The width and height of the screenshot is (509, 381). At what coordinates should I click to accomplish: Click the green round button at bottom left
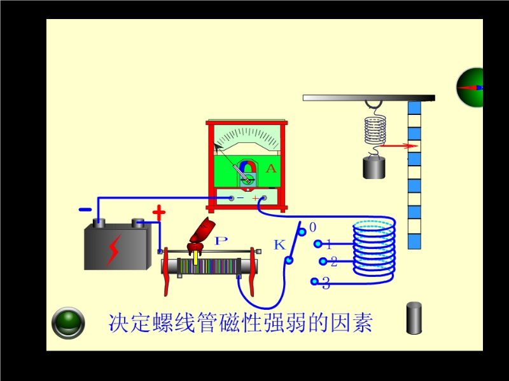click(68, 322)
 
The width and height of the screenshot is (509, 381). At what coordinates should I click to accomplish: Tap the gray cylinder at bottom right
click(414, 318)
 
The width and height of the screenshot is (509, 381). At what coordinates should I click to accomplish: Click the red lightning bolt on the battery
click(114, 250)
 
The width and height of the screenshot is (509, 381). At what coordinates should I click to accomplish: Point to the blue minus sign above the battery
click(85, 210)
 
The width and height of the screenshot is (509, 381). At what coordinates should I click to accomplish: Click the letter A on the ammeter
click(271, 168)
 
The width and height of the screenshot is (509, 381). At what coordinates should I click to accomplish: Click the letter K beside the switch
click(279, 244)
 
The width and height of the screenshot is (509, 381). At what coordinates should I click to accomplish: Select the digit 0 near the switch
click(312, 227)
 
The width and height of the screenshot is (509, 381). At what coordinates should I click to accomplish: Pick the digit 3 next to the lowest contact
click(326, 284)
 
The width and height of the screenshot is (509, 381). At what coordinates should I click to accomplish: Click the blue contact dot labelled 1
click(317, 244)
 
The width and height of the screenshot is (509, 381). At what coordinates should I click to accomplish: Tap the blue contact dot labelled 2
click(323, 261)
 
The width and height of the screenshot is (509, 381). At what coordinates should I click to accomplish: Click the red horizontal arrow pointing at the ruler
click(394, 146)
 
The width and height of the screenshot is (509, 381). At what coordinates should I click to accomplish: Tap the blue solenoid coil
click(374, 249)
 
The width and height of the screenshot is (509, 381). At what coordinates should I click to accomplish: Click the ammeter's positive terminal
click(263, 199)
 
